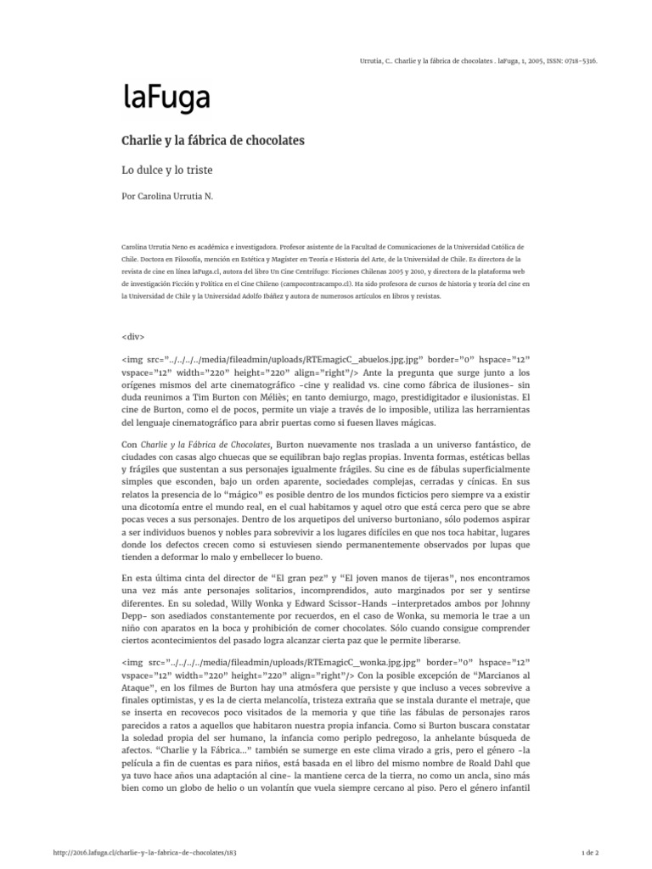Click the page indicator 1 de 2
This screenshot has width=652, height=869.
588,851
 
